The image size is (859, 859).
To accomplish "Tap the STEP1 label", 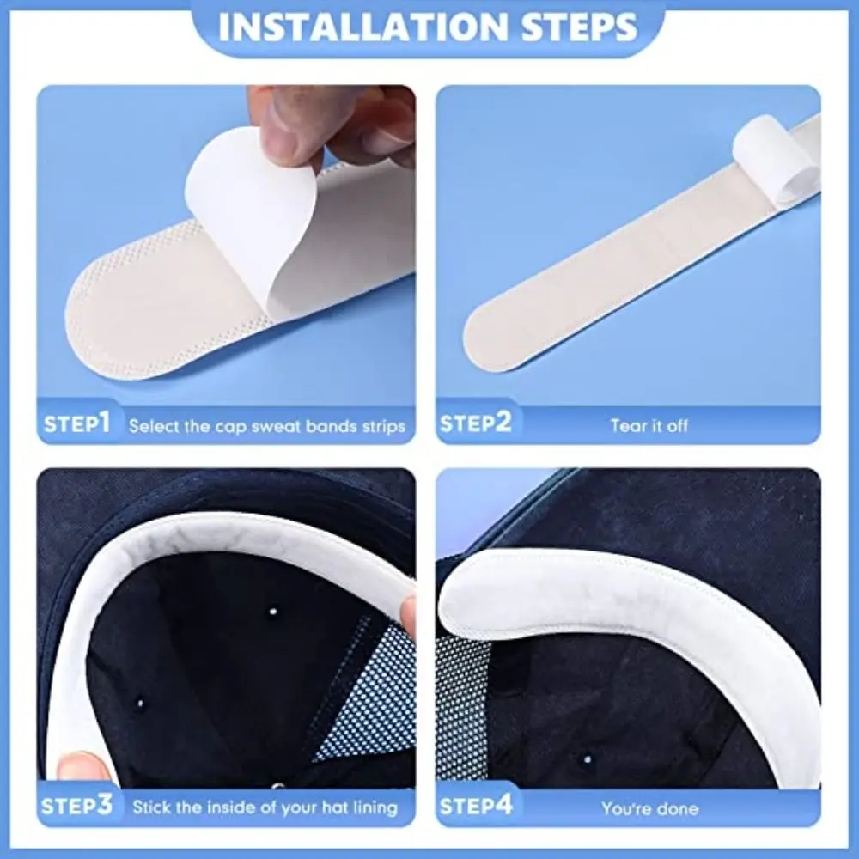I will coord(76,423).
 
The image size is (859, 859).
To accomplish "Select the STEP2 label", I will coord(475,423).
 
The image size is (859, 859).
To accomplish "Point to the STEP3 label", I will coord(77,807).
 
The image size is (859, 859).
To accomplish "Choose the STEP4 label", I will coord(476,807).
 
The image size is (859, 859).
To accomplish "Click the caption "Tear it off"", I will coord(649,425).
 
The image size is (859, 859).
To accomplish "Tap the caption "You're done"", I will coord(649,808).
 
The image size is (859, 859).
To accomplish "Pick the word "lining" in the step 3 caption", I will coord(375,808).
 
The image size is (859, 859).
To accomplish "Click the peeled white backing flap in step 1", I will coord(249,215).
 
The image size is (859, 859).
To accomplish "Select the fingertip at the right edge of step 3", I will coord(409,614).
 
